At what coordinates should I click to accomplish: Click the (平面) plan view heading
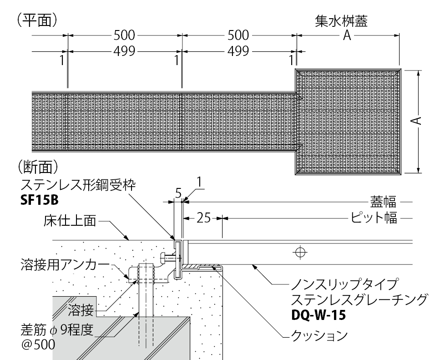point(37,21)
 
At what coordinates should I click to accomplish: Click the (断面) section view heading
point(37,165)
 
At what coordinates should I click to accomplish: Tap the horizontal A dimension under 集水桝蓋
point(347,36)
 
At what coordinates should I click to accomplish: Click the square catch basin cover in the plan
point(348,122)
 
